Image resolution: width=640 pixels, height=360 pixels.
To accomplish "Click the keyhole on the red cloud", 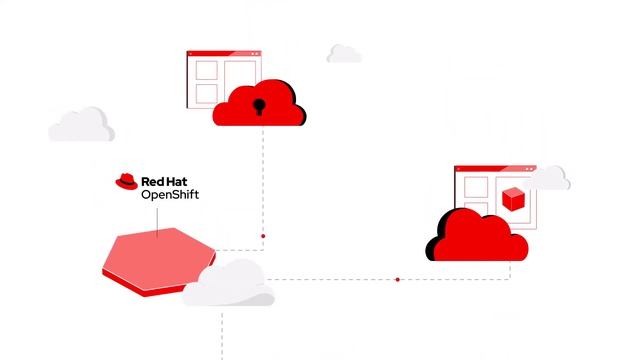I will point(260,106).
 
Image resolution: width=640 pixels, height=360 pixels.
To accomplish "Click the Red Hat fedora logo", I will point(127,182).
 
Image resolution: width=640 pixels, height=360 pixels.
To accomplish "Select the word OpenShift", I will point(170,196).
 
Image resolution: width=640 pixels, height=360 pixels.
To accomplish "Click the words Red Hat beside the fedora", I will point(169,183).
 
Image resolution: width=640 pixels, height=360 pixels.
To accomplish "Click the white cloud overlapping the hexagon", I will point(230,284).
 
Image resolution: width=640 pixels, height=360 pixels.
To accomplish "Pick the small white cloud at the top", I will point(344,53).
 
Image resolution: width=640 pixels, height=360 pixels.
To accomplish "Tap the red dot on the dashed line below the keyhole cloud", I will point(263,236).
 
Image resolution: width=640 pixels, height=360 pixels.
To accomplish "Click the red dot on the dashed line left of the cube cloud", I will point(397,280).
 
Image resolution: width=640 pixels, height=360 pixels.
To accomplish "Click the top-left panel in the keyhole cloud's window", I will point(207,70).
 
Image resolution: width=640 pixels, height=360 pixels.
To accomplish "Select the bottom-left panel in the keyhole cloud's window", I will point(207,94).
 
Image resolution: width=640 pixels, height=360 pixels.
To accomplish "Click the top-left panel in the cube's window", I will point(474,187).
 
